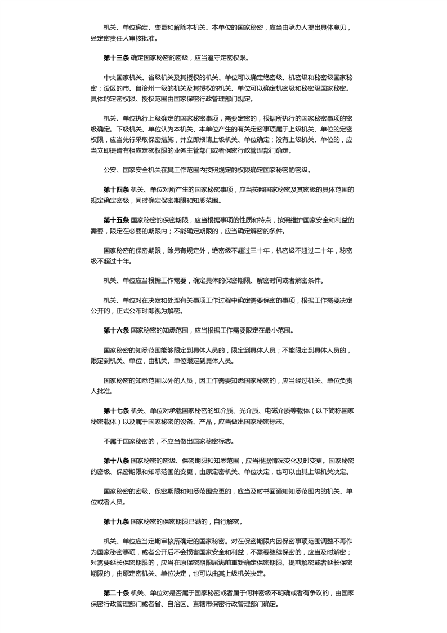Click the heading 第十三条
(116, 57)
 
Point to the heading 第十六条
(116, 330)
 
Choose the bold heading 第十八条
(116, 461)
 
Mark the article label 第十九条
(116, 521)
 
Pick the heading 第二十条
(116, 594)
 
